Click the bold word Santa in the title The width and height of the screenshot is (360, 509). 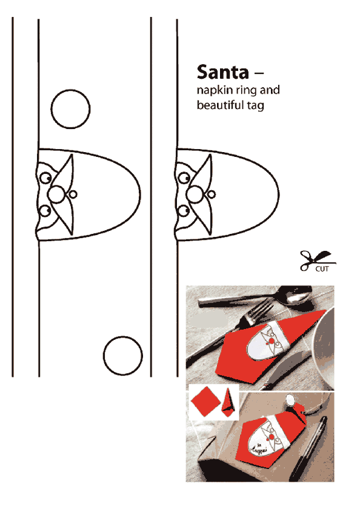tap(222, 72)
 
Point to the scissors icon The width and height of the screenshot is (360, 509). tap(317, 261)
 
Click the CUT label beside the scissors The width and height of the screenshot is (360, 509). tap(322, 269)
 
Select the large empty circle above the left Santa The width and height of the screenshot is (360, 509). tap(70, 109)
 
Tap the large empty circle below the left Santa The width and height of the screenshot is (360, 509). tap(122, 356)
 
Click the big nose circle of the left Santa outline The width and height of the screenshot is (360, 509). tap(56, 195)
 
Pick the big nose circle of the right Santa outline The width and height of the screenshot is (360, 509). tap(195, 195)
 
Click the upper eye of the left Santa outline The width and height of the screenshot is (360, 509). tap(45, 178)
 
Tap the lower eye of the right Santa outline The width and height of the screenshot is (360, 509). tap(184, 211)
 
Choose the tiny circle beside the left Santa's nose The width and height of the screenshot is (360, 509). tap(73, 195)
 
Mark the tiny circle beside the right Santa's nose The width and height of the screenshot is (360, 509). tap(212, 195)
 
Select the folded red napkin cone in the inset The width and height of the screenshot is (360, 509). tap(228, 403)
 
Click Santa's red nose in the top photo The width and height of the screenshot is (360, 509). tap(270, 341)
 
